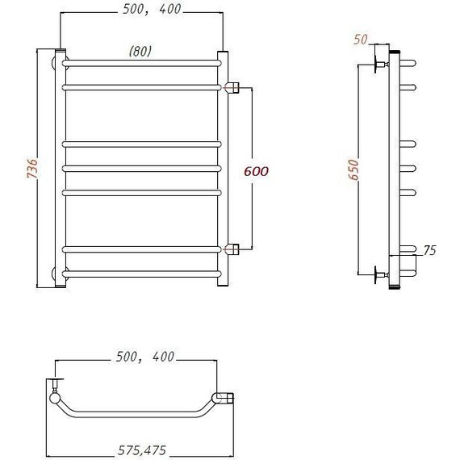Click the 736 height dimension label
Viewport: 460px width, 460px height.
pos(32,169)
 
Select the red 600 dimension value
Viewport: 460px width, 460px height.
pos(256,171)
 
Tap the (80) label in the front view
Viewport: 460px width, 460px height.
pos(140,51)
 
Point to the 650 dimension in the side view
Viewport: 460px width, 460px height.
pos(353,169)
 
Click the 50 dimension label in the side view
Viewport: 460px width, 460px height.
pos(360,40)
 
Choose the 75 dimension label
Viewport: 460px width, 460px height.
pos(430,250)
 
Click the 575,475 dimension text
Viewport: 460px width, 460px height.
pos(142,450)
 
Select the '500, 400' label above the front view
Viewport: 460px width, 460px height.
pos(152,9)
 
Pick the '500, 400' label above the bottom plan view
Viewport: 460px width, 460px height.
pos(145,357)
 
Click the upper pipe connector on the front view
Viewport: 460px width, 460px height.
pos(232,87)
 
